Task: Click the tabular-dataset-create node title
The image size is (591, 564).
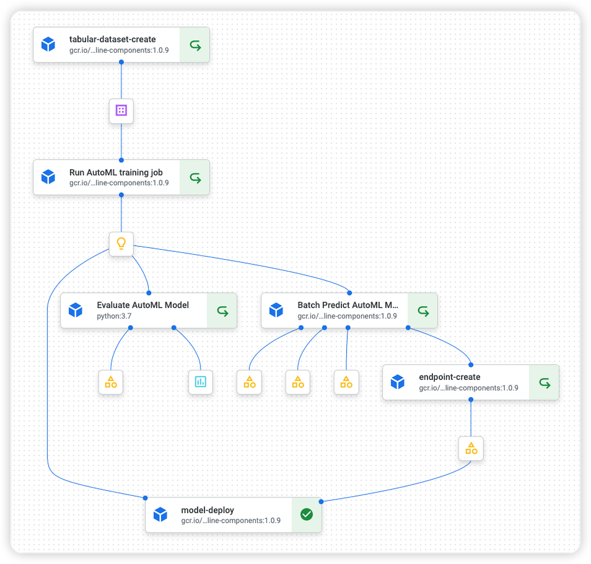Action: pos(112,39)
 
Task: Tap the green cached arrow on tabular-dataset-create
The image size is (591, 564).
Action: pos(195,45)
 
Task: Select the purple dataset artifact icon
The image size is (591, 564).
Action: pos(121,110)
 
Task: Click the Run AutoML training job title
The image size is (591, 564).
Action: pos(116,172)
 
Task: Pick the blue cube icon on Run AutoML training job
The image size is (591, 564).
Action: pos(48,177)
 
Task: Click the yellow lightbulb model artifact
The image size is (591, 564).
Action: pos(121,243)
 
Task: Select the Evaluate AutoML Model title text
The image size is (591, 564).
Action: pos(142,305)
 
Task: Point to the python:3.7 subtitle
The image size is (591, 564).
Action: pos(114,316)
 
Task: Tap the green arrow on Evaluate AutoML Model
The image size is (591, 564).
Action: pos(223,311)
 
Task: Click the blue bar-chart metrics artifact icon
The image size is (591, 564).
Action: pos(200,382)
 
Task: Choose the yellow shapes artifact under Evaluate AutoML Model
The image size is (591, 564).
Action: pos(111,382)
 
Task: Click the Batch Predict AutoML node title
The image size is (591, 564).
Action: pos(348,305)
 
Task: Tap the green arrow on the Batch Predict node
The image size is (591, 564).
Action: pos(423,311)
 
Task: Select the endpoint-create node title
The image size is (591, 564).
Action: pos(449,377)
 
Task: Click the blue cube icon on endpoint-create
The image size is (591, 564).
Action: pos(397,382)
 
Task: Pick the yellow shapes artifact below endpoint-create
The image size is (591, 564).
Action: pos(471,448)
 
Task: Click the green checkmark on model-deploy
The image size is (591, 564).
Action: pos(306,515)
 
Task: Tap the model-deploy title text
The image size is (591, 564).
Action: pos(207,510)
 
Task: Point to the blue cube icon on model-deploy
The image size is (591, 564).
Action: pos(160,515)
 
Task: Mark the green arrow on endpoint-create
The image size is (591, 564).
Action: pos(544,383)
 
